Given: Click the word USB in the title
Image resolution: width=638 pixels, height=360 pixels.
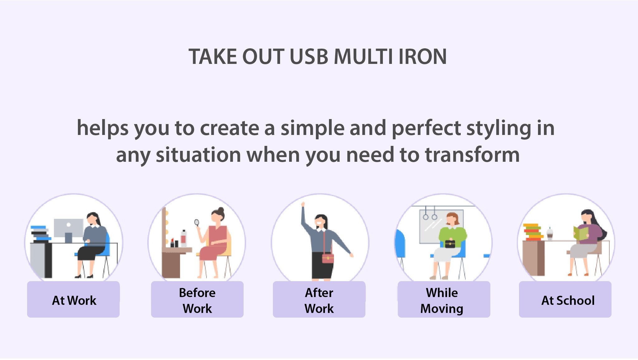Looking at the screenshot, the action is coord(308,57).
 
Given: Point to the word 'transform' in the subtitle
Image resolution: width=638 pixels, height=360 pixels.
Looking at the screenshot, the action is coord(472,155).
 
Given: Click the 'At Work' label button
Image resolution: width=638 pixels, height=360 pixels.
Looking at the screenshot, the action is coord(74,299).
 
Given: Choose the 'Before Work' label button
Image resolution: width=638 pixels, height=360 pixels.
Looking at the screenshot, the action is coord(197,299).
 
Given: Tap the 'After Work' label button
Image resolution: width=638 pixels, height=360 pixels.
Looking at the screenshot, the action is coord(319,299).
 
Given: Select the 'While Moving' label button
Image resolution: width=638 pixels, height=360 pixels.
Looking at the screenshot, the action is coord(444,299).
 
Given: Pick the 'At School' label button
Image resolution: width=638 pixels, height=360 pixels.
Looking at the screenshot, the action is coord(565,299).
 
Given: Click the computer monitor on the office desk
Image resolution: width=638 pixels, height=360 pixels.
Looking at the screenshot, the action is coord(69,230).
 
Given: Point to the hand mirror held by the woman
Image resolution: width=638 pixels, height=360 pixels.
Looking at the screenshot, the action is coord(197,223).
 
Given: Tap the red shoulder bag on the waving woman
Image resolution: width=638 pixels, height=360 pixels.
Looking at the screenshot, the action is coord(328,258).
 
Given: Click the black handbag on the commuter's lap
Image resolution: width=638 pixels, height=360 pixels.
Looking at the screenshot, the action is coord(450,243).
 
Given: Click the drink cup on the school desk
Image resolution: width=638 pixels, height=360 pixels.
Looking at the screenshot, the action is coord(550,234).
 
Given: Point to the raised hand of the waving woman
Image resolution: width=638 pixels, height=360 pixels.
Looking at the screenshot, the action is coord(303,204).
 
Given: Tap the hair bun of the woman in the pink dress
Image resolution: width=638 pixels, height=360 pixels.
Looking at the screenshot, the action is coord(221,209).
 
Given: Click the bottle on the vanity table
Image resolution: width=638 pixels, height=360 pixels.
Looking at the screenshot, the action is coord(183,238).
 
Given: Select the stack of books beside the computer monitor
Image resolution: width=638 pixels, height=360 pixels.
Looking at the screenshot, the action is coord(40,234).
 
